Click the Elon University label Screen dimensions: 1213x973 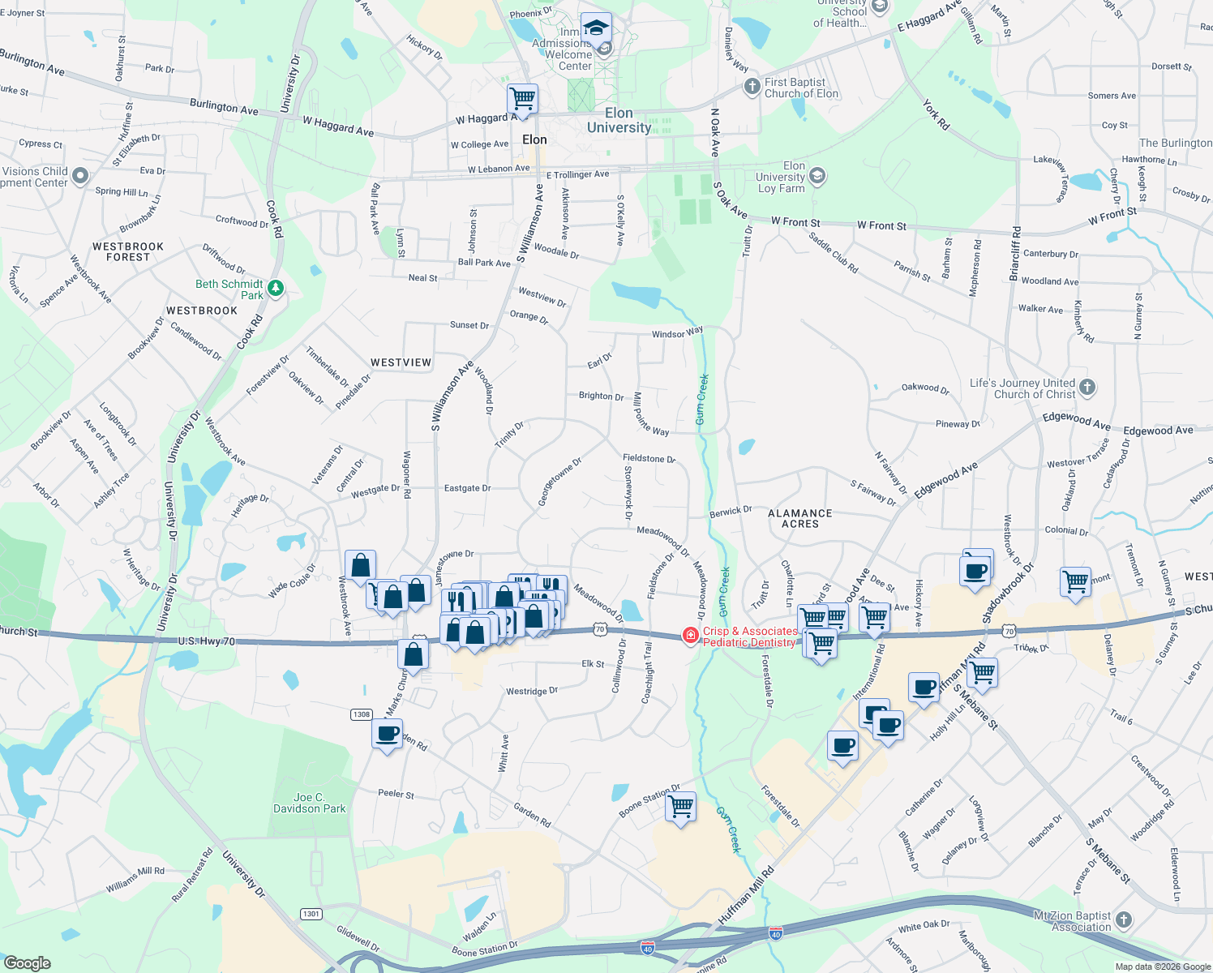(x=619, y=120)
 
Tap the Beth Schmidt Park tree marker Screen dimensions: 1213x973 (x=276, y=289)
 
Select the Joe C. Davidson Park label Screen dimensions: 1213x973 (x=309, y=803)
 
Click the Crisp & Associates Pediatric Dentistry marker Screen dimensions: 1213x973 (x=691, y=636)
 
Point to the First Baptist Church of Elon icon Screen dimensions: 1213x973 (x=752, y=86)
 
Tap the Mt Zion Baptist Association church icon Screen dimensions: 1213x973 (x=1123, y=919)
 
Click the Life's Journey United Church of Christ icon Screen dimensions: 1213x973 (x=1087, y=388)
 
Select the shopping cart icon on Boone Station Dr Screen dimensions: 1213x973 (x=680, y=807)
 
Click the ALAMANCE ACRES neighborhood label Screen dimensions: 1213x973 (x=799, y=518)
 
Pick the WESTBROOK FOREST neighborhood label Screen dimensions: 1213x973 (x=128, y=251)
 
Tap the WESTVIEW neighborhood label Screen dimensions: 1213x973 (x=401, y=362)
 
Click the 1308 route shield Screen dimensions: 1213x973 (x=362, y=714)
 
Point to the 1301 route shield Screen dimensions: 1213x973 (x=311, y=914)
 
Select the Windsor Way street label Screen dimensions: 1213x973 (x=677, y=332)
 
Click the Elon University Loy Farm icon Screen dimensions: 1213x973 (x=817, y=176)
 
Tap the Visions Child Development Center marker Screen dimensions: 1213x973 (x=79, y=176)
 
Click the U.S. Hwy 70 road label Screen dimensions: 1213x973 (x=206, y=641)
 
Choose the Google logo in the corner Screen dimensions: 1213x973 (x=27, y=962)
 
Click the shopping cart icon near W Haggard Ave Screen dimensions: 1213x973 (x=523, y=99)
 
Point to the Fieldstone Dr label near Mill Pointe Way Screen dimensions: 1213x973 (x=649, y=459)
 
